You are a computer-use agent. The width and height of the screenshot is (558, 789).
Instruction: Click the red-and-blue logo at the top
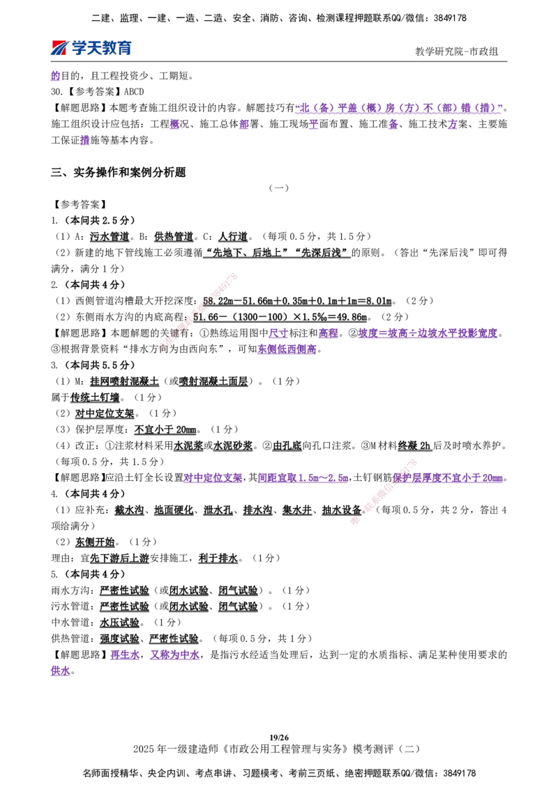(91, 47)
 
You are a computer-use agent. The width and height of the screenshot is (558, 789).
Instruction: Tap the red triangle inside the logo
(59, 47)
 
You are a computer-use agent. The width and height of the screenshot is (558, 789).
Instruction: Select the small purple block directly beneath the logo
(56, 76)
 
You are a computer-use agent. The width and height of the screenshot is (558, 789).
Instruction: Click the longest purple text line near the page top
(398, 109)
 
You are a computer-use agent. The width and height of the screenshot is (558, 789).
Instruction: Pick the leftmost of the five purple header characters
(174, 125)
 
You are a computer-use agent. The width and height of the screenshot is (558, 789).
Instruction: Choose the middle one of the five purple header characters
(314, 125)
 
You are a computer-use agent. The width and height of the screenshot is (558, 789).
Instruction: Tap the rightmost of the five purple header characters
(452, 125)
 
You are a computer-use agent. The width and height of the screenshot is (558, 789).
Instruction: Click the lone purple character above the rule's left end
(84, 140)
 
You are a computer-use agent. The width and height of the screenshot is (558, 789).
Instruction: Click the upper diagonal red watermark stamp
(199, 311)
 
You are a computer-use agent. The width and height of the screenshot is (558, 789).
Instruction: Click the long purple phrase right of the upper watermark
(428, 334)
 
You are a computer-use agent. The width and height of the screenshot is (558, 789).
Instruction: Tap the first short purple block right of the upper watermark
(278, 334)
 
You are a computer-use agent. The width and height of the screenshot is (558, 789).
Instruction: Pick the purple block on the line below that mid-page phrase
(287, 349)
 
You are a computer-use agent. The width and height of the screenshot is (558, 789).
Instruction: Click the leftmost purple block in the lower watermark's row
(213, 479)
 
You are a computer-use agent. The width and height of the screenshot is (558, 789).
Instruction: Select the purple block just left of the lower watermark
(302, 479)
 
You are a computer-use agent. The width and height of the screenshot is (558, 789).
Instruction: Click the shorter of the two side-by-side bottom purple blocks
(124, 656)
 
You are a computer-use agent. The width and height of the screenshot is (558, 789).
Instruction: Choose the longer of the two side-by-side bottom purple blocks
(176, 656)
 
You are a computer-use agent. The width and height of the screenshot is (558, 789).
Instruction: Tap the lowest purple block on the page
(61, 673)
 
